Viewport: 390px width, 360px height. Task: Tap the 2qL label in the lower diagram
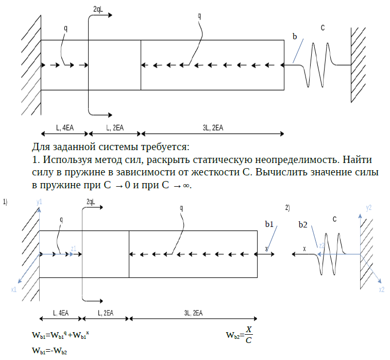91,202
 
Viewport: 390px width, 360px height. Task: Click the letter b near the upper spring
295,37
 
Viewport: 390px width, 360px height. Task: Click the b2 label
303,225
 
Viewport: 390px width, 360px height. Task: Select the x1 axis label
14,290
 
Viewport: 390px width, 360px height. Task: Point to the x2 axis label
382,290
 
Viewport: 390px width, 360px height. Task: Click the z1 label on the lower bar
74,249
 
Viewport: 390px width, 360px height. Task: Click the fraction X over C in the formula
249,335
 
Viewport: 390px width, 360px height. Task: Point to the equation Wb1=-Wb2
50,351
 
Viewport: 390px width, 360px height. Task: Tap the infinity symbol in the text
186,185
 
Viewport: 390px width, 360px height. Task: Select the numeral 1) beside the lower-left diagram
5,202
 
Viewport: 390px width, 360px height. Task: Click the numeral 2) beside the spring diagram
287,208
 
